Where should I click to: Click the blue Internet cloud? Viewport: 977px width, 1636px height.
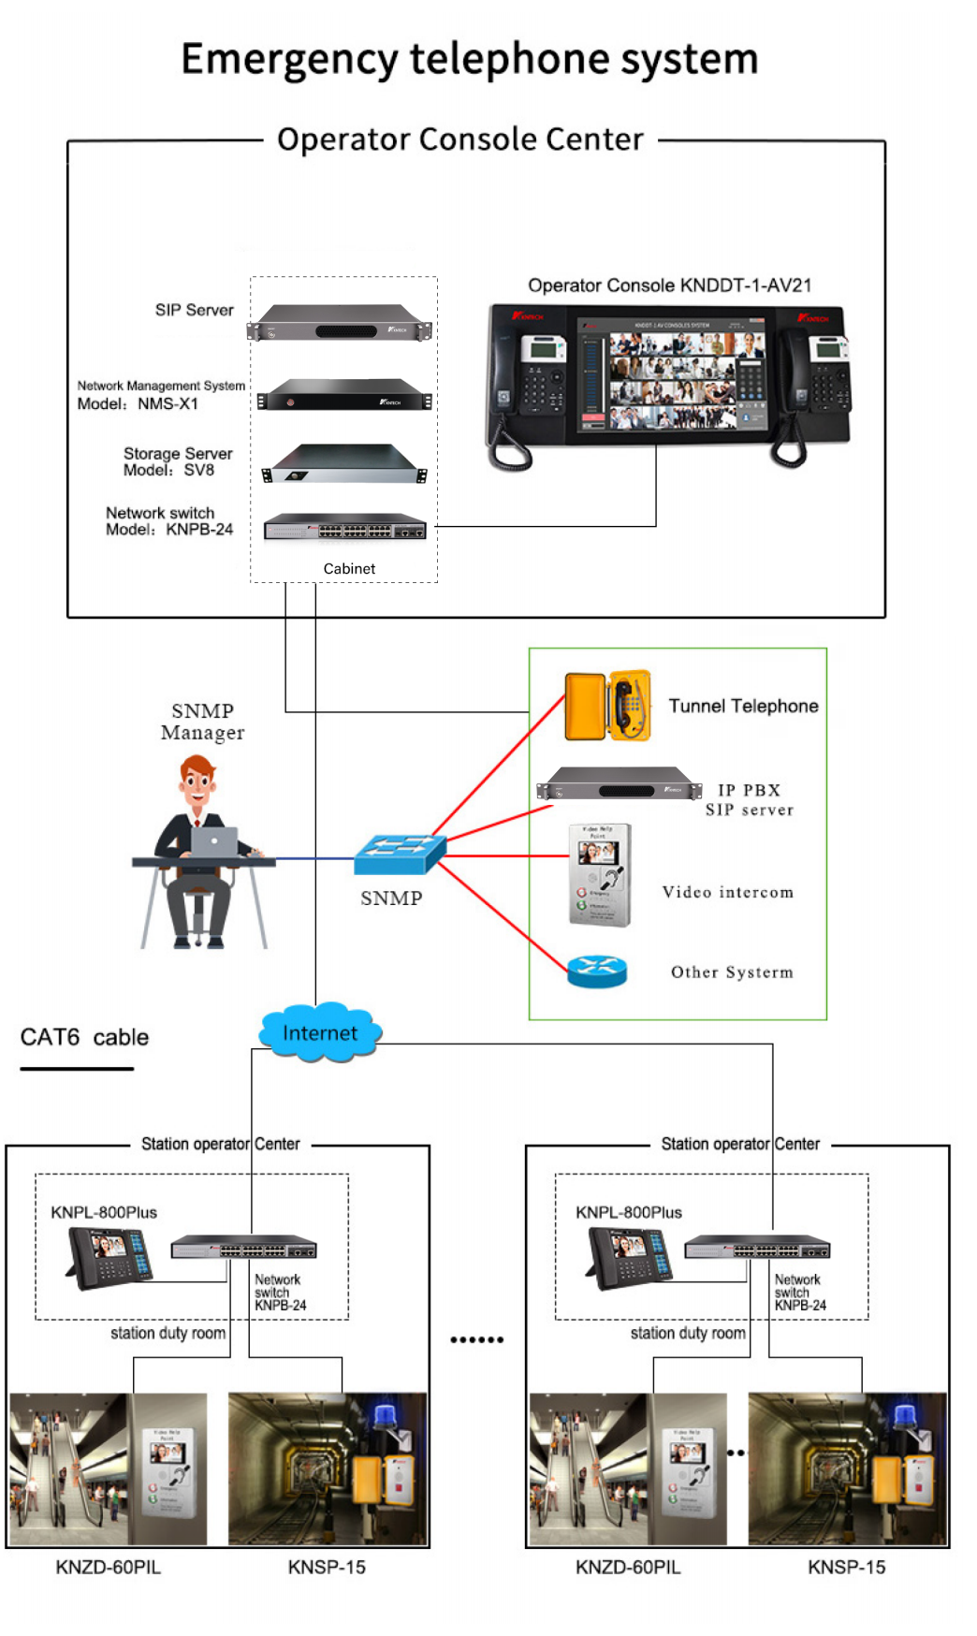pyautogui.click(x=320, y=1032)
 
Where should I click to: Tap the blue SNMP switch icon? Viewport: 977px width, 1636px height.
pyautogui.click(x=400, y=852)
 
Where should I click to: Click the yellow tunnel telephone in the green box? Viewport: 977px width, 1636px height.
pyautogui.click(x=608, y=706)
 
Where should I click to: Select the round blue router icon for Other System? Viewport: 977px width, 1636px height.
pyautogui.click(x=596, y=971)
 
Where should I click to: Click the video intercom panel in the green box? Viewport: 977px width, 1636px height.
pyautogui.click(x=600, y=875)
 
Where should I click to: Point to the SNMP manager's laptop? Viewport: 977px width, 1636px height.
pyautogui.click(x=214, y=840)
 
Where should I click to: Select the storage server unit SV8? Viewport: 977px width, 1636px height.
pyautogui.click(x=344, y=464)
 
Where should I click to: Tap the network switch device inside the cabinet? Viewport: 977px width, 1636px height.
pyautogui.click(x=344, y=528)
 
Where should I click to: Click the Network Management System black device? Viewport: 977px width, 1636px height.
pyautogui.click(x=344, y=395)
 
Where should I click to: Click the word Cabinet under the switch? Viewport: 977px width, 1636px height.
pyautogui.click(x=349, y=569)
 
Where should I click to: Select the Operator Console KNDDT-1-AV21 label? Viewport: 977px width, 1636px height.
pyautogui.click(x=669, y=285)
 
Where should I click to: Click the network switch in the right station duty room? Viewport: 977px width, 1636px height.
pyautogui.click(x=757, y=1248)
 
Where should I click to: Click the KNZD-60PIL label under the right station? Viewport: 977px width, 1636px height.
pyautogui.click(x=628, y=1567)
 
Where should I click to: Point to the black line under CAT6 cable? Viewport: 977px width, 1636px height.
pyautogui.click(x=77, y=1068)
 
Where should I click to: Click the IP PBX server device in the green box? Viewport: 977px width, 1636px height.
pyautogui.click(x=620, y=784)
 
